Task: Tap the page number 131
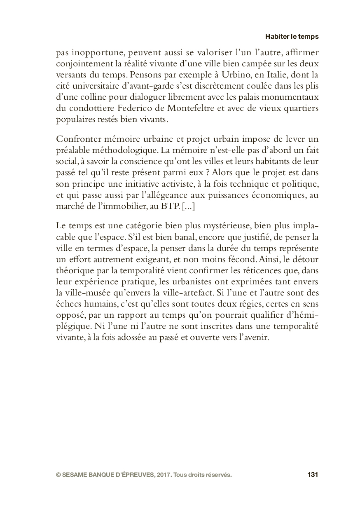(x=313, y=474)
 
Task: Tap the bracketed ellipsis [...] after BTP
(x=188, y=206)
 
